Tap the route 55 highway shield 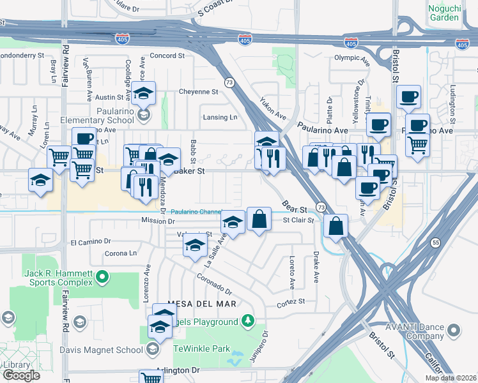pyautogui.click(x=435, y=243)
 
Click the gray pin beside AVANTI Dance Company pyautogui.click(x=454, y=330)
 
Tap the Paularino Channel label pyautogui.click(x=196, y=212)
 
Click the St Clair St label pyautogui.click(x=298, y=220)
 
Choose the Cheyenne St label pyautogui.click(x=198, y=91)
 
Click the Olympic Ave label pyautogui.click(x=352, y=58)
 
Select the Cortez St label pyautogui.click(x=291, y=301)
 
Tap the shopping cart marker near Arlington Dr pyautogui.click(x=151, y=377)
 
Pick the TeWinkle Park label pyautogui.click(x=202, y=349)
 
